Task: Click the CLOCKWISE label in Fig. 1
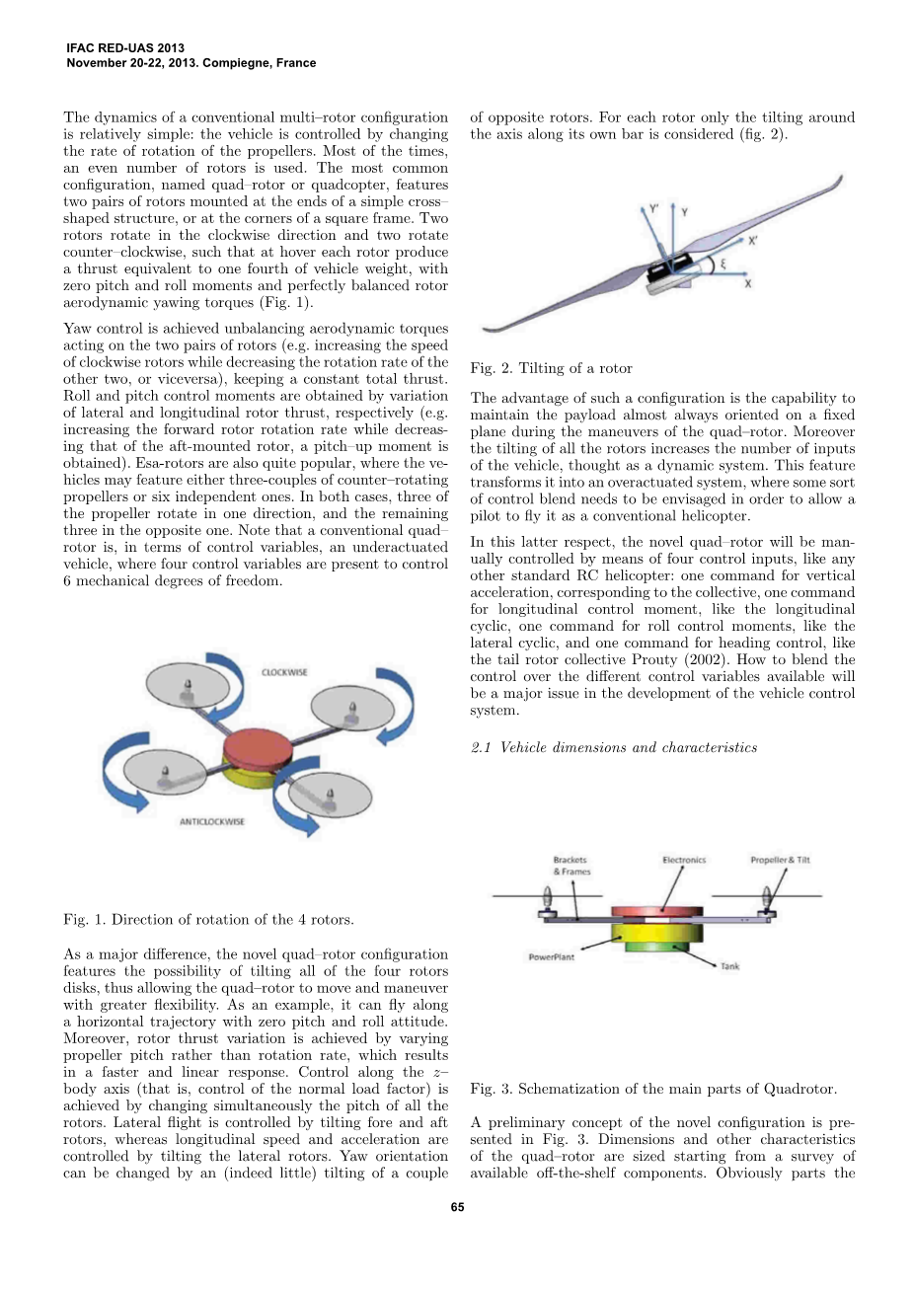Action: [284, 672]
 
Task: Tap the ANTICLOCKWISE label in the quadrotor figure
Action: [212, 821]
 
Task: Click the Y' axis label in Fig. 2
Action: [654, 209]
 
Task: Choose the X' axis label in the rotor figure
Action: [753, 240]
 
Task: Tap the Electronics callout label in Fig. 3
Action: [684, 860]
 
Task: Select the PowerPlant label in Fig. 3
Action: [551, 956]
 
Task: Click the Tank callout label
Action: [729, 966]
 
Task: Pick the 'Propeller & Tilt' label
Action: [780, 860]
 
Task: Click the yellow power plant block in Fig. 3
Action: [656, 932]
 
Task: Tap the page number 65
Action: [457, 1207]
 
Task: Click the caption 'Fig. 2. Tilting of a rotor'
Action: [551, 368]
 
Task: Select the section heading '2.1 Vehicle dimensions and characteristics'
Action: [614, 747]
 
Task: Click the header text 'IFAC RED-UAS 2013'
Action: [125, 47]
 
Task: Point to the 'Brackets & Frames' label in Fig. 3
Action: [571, 866]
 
